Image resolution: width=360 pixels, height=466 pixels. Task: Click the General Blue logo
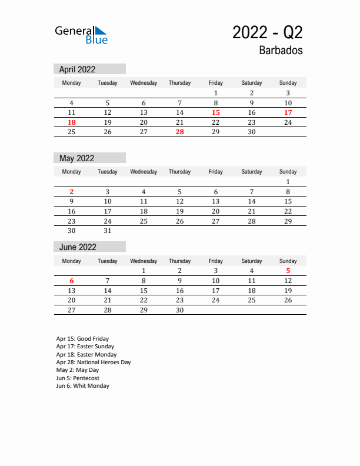81,35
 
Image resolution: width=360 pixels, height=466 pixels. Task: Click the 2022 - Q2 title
268,32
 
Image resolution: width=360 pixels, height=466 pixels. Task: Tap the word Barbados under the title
281,51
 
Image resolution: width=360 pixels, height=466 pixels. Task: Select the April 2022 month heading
77,69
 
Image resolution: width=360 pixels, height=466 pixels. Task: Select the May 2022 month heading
76,158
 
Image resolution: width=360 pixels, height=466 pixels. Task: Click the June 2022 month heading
78,247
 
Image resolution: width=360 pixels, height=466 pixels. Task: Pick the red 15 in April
216,112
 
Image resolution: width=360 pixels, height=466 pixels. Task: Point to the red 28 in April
179,132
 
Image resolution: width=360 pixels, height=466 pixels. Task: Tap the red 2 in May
72,192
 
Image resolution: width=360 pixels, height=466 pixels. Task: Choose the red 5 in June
288,271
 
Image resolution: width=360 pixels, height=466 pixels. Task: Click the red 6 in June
72,281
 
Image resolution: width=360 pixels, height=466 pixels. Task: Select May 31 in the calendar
108,231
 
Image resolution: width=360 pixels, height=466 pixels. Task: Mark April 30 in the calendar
252,132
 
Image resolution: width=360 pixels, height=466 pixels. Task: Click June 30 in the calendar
179,310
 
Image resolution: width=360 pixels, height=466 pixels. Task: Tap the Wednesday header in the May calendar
144,172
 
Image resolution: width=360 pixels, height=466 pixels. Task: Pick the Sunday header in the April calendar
288,83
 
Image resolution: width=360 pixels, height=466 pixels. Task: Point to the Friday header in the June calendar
216,261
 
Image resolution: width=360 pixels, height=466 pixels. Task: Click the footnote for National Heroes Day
94,362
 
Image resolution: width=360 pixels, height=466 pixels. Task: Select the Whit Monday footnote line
83,386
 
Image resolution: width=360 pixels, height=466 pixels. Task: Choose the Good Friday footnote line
82,339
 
